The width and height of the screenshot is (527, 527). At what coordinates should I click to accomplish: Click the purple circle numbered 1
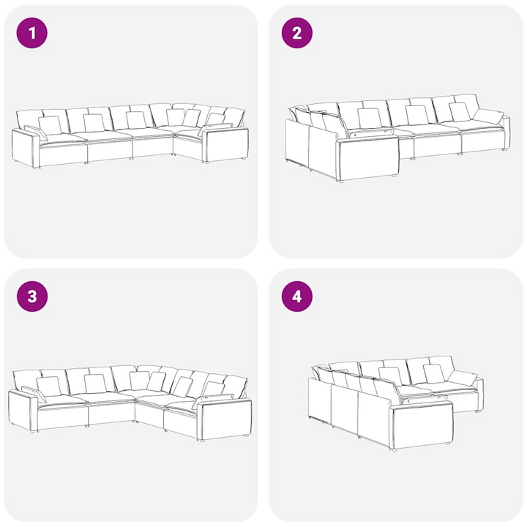click(x=32, y=33)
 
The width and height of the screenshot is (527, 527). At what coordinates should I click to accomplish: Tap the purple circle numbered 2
click(x=296, y=33)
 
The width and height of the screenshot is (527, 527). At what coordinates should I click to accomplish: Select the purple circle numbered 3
click(x=32, y=296)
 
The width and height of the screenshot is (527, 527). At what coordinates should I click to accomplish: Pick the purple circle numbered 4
click(x=296, y=296)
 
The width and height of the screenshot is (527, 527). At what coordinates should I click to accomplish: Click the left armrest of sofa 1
click(x=25, y=147)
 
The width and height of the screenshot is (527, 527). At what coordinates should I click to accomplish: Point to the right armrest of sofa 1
click(x=226, y=144)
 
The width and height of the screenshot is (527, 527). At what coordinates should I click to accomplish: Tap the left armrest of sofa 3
click(x=22, y=411)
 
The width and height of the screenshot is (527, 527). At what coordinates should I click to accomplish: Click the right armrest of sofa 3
click(x=224, y=419)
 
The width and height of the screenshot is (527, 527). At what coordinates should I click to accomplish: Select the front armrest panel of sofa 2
click(x=367, y=160)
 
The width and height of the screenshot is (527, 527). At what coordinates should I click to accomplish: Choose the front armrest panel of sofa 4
click(x=422, y=426)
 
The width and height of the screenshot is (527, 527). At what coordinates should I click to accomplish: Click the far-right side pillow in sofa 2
click(x=489, y=116)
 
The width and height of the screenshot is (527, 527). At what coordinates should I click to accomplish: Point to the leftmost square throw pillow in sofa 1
click(x=50, y=125)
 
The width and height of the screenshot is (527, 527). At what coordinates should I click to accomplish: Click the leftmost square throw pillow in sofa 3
click(x=49, y=386)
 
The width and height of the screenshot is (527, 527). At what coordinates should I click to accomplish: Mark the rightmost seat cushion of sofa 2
click(x=482, y=126)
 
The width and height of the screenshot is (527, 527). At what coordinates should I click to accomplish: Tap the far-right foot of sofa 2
click(x=504, y=149)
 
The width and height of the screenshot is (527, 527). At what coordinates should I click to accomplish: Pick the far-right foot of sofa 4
click(x=477, y=411)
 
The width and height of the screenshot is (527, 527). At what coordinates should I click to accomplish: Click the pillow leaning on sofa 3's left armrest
click(x=34, y=394)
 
